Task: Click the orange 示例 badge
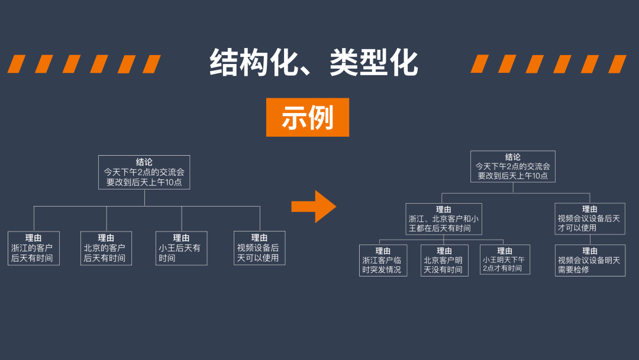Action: (x=307, y=117)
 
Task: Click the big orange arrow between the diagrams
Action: (x=314, y=206)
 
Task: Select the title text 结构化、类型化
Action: (x=314, y=63)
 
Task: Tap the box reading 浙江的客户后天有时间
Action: (x=34, y=248)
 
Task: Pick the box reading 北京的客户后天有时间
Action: (x=106, y=248)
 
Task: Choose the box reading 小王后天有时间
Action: (x=182, y=248)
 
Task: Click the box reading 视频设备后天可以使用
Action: (x=259, y=247)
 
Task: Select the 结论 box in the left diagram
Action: (x=144, y=172)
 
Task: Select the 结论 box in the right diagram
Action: (x=513, y=166)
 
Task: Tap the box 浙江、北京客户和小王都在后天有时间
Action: (x=444, y=218)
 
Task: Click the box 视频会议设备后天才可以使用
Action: (x=589, y=218)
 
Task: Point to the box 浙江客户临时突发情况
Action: (x=383, y=261)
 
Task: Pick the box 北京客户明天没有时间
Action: (x=444, y=261)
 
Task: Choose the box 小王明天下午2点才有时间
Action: (x=505, y=259)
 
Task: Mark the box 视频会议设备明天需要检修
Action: (x=590, y=261)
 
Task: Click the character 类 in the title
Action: (x=343, y=63)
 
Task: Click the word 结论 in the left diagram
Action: (x=144, y=162)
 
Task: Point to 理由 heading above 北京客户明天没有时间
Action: (x=444, y=251)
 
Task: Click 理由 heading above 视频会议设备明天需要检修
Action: (x=590, y=251)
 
